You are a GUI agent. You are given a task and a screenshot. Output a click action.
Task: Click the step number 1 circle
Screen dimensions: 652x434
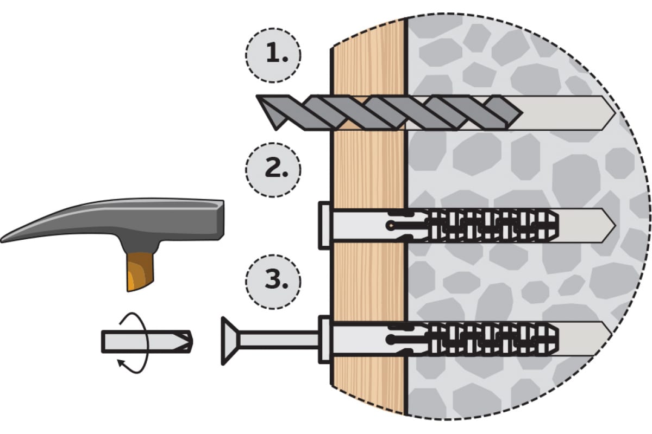[x=273, y=55]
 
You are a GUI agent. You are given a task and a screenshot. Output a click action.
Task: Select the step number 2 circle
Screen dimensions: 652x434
[x=273, y=170]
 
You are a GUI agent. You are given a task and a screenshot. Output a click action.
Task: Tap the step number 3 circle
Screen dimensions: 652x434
[x=273, y=282]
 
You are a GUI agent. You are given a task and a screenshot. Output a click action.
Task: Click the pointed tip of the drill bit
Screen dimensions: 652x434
[x=275, y=129]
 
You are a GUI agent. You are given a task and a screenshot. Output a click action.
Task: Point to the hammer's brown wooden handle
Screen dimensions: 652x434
[x=140, y=271]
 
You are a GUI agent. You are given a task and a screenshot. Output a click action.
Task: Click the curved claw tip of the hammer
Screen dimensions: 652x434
[x=2, y=240]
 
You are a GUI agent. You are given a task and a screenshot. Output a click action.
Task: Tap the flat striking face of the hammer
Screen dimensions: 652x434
[x=221, y=220]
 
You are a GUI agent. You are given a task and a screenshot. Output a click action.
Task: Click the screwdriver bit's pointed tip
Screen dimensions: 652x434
[x=191, y=342]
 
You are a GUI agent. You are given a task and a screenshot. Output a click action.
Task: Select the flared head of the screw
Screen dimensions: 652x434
[x=230, y=341]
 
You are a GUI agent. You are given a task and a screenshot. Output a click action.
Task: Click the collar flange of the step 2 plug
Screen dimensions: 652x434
[x=324, y=225]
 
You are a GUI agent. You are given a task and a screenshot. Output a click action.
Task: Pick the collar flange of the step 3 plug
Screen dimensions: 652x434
[x=324, y=339]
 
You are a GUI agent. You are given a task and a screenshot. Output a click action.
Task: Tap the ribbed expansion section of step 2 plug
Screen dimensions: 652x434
[x=492, y=226]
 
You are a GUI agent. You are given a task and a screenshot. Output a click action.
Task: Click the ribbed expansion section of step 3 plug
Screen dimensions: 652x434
[x=492, y=340]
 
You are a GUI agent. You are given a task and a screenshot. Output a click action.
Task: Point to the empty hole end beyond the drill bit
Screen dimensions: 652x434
[x=568, y=113]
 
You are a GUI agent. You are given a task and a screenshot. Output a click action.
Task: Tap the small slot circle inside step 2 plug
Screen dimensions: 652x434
[x=390, y=225]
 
